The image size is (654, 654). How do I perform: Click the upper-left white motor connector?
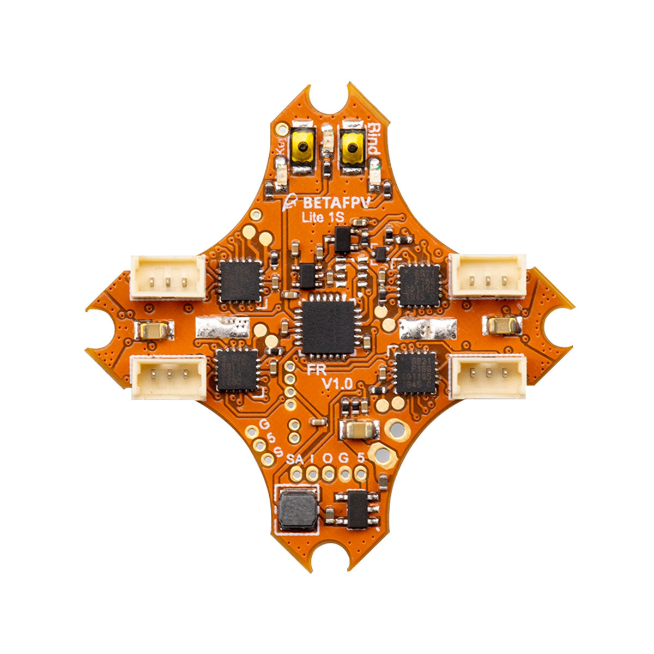168,278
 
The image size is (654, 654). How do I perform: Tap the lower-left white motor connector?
169,377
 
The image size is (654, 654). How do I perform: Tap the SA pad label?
295,458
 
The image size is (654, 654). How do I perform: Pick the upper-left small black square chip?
239,281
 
